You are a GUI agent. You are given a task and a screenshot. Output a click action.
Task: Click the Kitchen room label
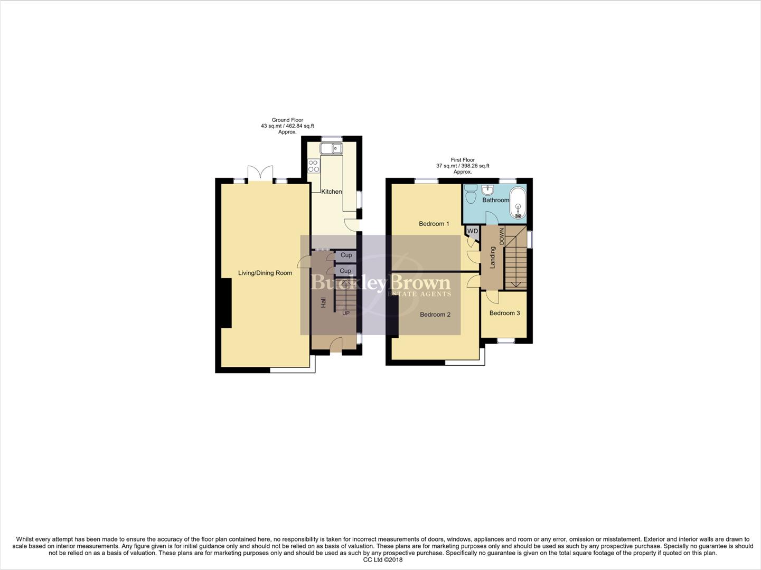point(332,192)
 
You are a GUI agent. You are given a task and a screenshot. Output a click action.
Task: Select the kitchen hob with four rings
point(314,166)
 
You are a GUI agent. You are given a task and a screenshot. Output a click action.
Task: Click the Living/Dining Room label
point(265,273)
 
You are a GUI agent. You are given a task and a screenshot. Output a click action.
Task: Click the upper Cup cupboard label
point(346,255)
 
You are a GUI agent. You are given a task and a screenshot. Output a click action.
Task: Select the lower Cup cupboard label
point(345,271)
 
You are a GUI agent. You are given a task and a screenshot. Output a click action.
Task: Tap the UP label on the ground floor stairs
point(346,313)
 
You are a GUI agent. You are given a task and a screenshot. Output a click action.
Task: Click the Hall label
point(323,302)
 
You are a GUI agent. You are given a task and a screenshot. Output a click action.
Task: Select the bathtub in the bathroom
point(518,202)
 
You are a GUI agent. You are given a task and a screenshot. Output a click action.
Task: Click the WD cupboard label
point(472,231)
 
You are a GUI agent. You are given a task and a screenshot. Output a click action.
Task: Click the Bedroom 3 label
point(504,313)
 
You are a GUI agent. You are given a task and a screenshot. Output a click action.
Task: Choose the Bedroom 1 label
point(434,224)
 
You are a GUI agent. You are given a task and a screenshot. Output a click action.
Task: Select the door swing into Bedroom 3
point(492,297)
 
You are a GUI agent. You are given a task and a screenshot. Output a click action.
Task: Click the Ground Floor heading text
point(287,120)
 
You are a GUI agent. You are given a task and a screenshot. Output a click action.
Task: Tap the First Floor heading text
point(463,160)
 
